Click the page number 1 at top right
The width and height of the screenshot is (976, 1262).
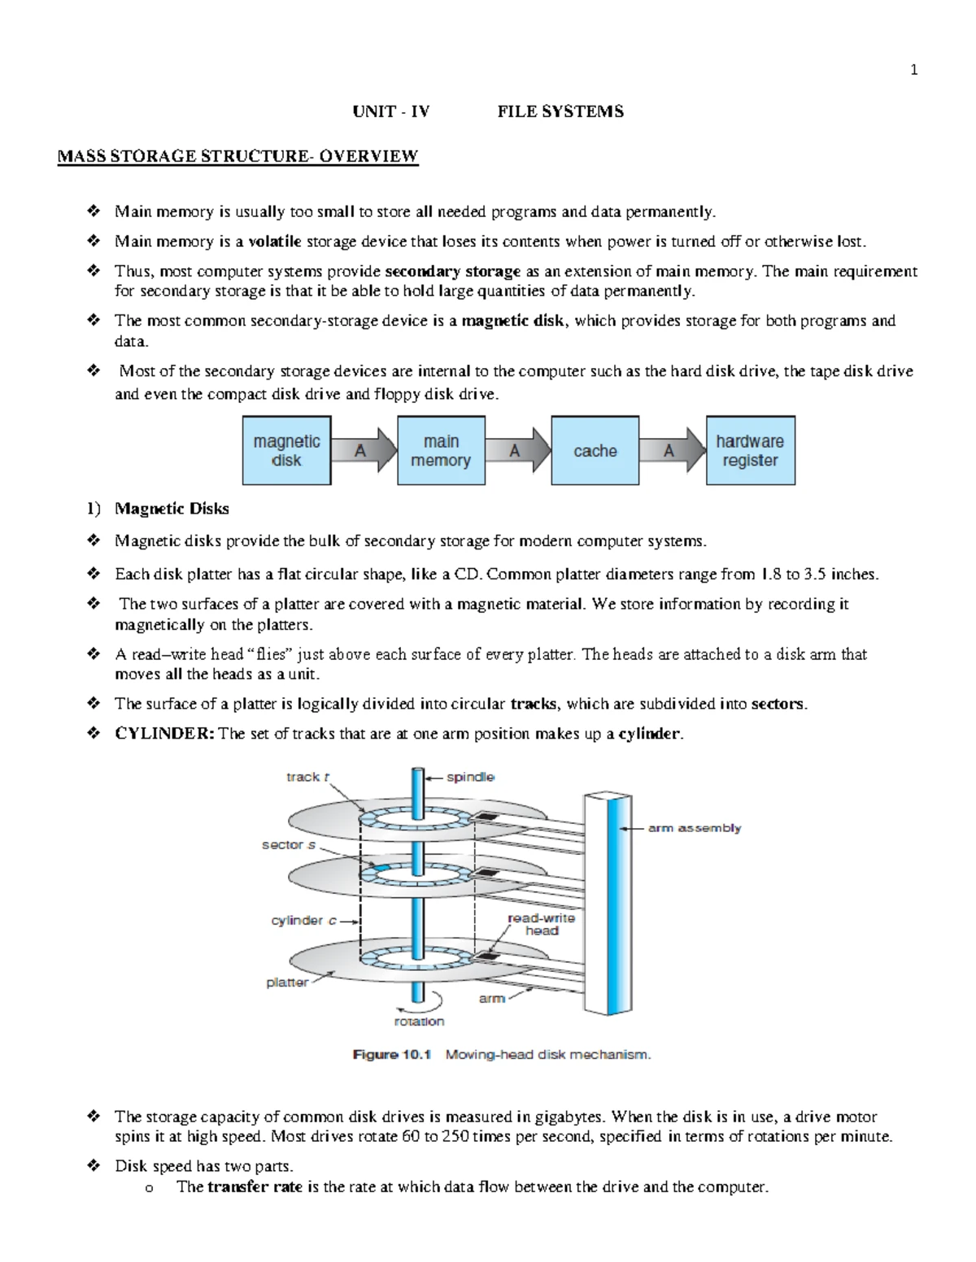913,71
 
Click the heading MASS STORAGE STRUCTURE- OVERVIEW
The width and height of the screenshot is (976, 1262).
237,156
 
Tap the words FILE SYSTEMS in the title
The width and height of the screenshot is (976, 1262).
560,112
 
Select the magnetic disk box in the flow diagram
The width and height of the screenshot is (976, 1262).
286,450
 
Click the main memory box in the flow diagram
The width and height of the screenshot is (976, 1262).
441,450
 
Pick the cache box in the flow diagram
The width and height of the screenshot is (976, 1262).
595,450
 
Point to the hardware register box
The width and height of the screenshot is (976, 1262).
750,450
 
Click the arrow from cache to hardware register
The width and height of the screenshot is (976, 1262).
671,450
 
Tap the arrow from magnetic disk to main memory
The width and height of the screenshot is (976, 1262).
363,450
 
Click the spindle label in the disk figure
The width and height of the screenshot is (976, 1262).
470,777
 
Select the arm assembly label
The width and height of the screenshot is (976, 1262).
694,828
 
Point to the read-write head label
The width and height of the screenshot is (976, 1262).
541,924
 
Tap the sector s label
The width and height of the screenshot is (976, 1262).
288,845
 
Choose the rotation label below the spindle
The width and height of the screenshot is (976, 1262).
419,1021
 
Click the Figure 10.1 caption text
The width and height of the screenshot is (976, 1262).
502,1055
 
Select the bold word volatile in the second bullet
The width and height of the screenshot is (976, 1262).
275,241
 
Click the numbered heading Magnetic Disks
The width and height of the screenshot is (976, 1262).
172,509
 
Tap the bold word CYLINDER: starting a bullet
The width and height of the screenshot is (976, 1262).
165,734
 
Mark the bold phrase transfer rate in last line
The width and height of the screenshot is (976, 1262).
255,1186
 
